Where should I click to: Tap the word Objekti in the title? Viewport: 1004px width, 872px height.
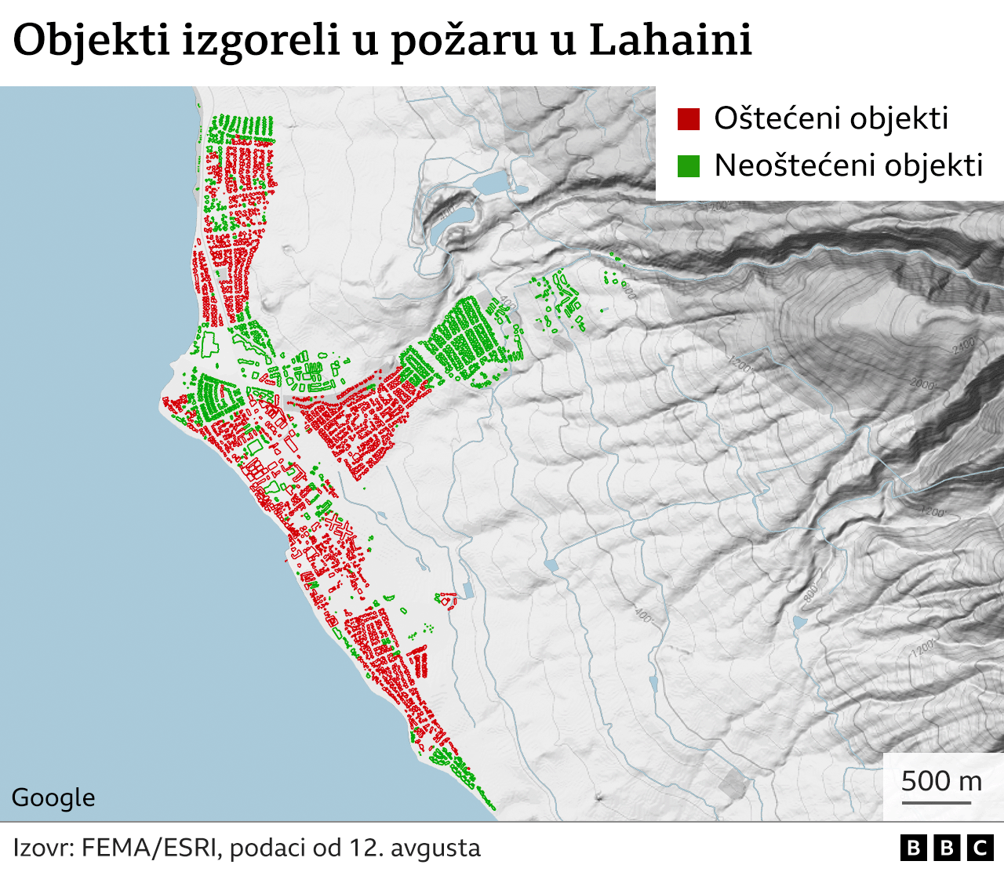coord(91,41)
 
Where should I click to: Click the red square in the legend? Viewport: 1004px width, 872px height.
coord(688,119)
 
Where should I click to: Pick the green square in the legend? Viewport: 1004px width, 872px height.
coord(688,166)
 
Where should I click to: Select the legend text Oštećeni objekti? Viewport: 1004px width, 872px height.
coord(831,118)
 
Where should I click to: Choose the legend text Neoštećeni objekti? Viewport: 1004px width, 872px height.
coord(848,165)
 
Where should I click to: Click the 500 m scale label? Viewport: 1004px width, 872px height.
coord(941,780)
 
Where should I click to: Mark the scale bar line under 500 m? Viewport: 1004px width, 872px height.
coord(936,802)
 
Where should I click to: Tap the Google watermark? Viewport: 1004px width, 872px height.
coord(53,798)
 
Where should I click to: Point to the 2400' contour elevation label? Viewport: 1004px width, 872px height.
coord(963,344)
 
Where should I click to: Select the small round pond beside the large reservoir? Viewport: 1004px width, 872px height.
coord(521,188)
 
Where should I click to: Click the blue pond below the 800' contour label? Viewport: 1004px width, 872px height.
coord(799,623)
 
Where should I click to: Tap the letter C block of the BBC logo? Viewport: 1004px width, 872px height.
coord(980,848)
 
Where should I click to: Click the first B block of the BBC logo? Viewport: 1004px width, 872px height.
coord(913,848)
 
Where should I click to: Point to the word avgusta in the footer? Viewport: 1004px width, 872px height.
coord(435,848)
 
